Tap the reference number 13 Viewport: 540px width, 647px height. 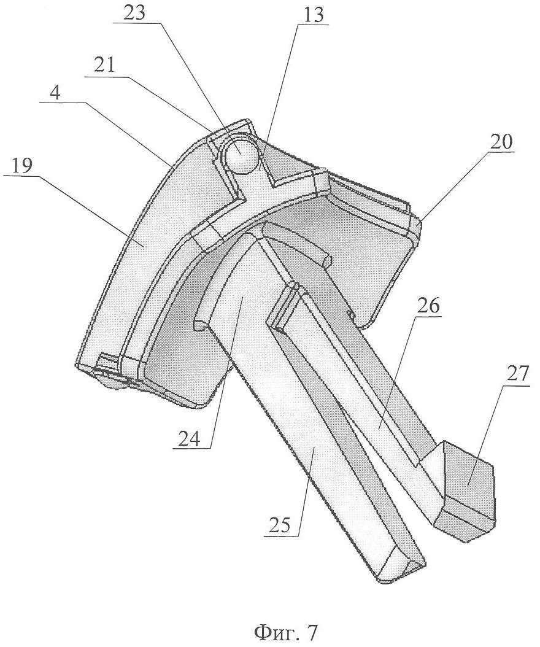point(312,15)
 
